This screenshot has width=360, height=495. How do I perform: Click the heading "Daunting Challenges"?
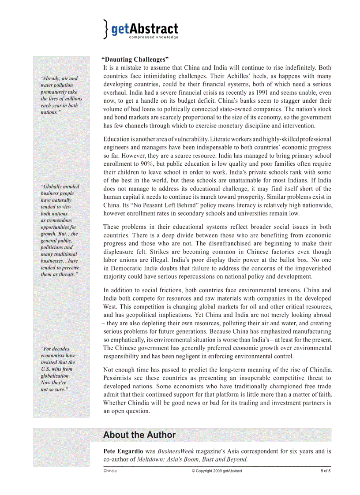coord(135,59)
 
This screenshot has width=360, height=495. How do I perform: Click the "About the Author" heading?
coord(139,435)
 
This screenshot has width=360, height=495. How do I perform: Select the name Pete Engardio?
coord(123,451)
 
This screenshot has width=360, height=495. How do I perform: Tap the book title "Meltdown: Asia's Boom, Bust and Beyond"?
coord(192,459)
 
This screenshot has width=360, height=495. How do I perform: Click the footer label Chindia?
coord(110,471)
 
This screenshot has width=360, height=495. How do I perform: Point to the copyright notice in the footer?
coord(217,471)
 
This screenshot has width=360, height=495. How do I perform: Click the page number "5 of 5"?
coord(326,471)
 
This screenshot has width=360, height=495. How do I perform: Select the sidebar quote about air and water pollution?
coord(61,95)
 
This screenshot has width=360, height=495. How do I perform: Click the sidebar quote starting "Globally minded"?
coord(60,231)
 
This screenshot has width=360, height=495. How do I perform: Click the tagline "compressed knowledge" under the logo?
coord(154,37)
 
